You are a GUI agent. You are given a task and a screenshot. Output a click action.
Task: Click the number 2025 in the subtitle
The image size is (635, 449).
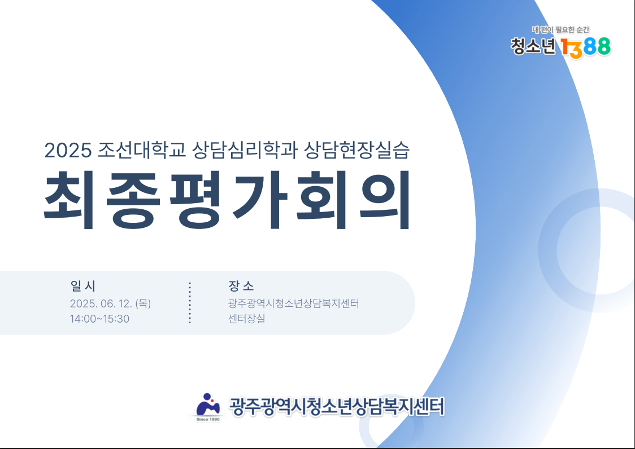click(x=68, y=150)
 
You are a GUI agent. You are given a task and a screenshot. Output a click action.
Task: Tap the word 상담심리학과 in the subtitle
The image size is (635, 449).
click(x=245, y=149)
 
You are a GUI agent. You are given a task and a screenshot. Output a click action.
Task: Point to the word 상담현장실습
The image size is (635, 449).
click(x=356, y=149)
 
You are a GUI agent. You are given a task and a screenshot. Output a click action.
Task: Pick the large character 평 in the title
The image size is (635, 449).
click(x=195, y=200)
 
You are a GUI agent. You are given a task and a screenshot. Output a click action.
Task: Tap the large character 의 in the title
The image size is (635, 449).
click(x=385, y=200)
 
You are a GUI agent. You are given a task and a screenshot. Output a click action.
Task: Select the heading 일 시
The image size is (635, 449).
click(x=83, y=286)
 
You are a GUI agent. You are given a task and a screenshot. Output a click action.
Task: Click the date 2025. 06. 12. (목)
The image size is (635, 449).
click(x=110, y=303)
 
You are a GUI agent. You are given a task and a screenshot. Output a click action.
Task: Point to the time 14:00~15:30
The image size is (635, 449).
click(x=99, y=319)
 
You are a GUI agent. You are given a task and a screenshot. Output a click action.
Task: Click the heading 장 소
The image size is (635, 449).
click(x=241, y=286)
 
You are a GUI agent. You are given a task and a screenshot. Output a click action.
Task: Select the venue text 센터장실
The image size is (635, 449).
click(x=247, y=318)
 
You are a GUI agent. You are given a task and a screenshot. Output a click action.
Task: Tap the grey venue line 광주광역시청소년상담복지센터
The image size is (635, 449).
click(x=294, y=303)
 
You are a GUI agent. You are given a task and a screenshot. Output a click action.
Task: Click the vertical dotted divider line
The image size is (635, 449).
click(x=189, y=302)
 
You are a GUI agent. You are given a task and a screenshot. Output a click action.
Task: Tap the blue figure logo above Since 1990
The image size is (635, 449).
click(x=208, y=404)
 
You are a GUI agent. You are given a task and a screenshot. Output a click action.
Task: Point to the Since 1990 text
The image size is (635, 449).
click(x=208, y=420)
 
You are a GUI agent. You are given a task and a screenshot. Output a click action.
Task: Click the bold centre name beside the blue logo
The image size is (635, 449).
click(x=337, y=407)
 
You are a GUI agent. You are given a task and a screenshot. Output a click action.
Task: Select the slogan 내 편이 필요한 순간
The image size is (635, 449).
click(x=561, y=29)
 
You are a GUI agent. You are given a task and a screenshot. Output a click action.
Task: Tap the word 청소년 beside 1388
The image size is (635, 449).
click(x=533, y=46)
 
